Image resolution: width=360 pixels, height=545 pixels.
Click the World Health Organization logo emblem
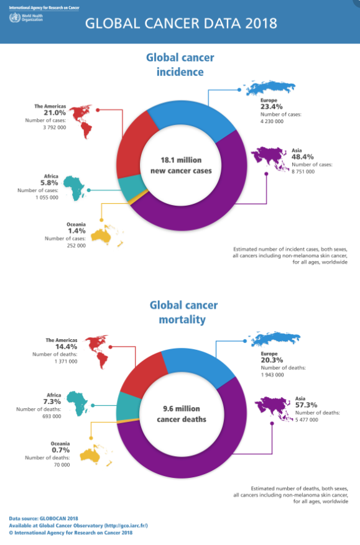(14, 18)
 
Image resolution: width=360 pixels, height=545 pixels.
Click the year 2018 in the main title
(261, 23)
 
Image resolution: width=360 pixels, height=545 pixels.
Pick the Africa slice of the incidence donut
(131, 188)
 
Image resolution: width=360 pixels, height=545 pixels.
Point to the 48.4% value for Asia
(303, 157)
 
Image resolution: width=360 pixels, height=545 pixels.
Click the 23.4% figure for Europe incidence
(272, 107)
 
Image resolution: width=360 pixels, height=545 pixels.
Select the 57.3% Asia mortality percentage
(307, 405)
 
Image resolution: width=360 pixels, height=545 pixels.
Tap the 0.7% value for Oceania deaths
(61, 450)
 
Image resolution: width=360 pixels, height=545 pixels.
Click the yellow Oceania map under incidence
(107, 236)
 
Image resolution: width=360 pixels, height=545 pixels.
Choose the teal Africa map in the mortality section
(78, 403)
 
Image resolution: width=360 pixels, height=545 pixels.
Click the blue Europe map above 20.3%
(275, 339)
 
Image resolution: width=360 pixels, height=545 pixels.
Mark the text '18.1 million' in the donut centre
(181, 160)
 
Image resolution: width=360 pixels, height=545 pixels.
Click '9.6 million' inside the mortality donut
(182, 409)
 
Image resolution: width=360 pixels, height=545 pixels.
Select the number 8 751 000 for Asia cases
(303, 172)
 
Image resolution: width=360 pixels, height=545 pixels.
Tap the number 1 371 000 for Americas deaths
(66, 362)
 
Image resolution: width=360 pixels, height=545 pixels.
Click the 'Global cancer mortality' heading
(183, 312)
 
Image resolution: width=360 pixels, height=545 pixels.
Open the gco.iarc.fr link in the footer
(126, 526)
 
